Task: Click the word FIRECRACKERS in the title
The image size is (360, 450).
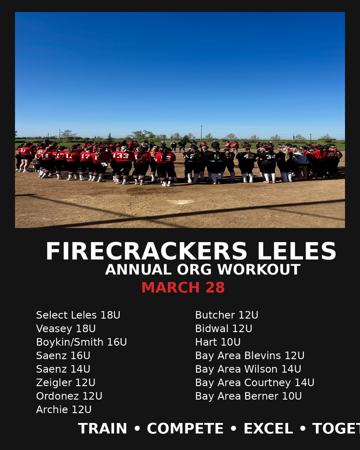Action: [146, 251]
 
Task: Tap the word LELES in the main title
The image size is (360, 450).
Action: [297, 251]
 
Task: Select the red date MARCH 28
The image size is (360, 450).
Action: [183, 288]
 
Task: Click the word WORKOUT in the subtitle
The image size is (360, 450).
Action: [259, 270]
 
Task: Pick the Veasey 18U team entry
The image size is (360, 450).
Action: [66, 328]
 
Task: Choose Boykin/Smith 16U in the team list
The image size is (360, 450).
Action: [81, 342]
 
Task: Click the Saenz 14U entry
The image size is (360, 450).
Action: [63, 369]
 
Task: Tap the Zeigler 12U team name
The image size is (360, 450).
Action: [66, 382]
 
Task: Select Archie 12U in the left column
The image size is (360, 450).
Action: [64, 409]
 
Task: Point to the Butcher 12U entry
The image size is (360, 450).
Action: [226, 315]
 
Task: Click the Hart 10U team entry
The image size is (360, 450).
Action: [218, 342]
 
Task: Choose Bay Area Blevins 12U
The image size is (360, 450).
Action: [249, 355]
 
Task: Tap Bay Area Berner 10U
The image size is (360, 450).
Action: [248, 396]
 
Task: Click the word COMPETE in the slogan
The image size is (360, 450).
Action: [185, 429]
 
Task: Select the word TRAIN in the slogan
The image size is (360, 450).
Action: [102, 429]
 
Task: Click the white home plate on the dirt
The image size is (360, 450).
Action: [180, 202]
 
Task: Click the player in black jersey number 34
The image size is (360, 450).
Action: [269, 166]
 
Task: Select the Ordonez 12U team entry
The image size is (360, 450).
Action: [69, 396]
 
